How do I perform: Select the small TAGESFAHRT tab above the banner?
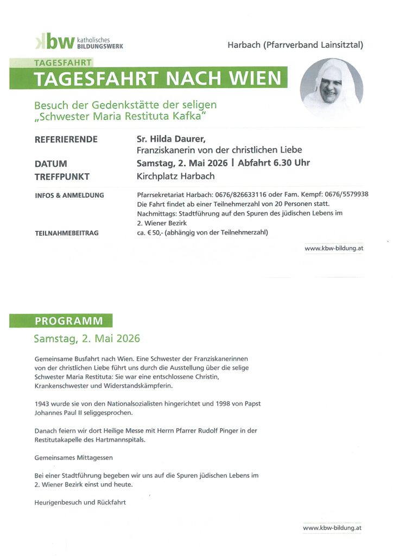point(63,62)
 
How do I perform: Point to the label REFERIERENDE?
point(66,140)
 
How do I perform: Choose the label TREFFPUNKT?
point(62,176)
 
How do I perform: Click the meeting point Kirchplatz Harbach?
point(175,176)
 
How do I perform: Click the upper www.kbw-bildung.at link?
point(333,249)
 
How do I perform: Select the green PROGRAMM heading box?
point(60,320)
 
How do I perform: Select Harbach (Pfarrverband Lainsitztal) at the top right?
point(295,45)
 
